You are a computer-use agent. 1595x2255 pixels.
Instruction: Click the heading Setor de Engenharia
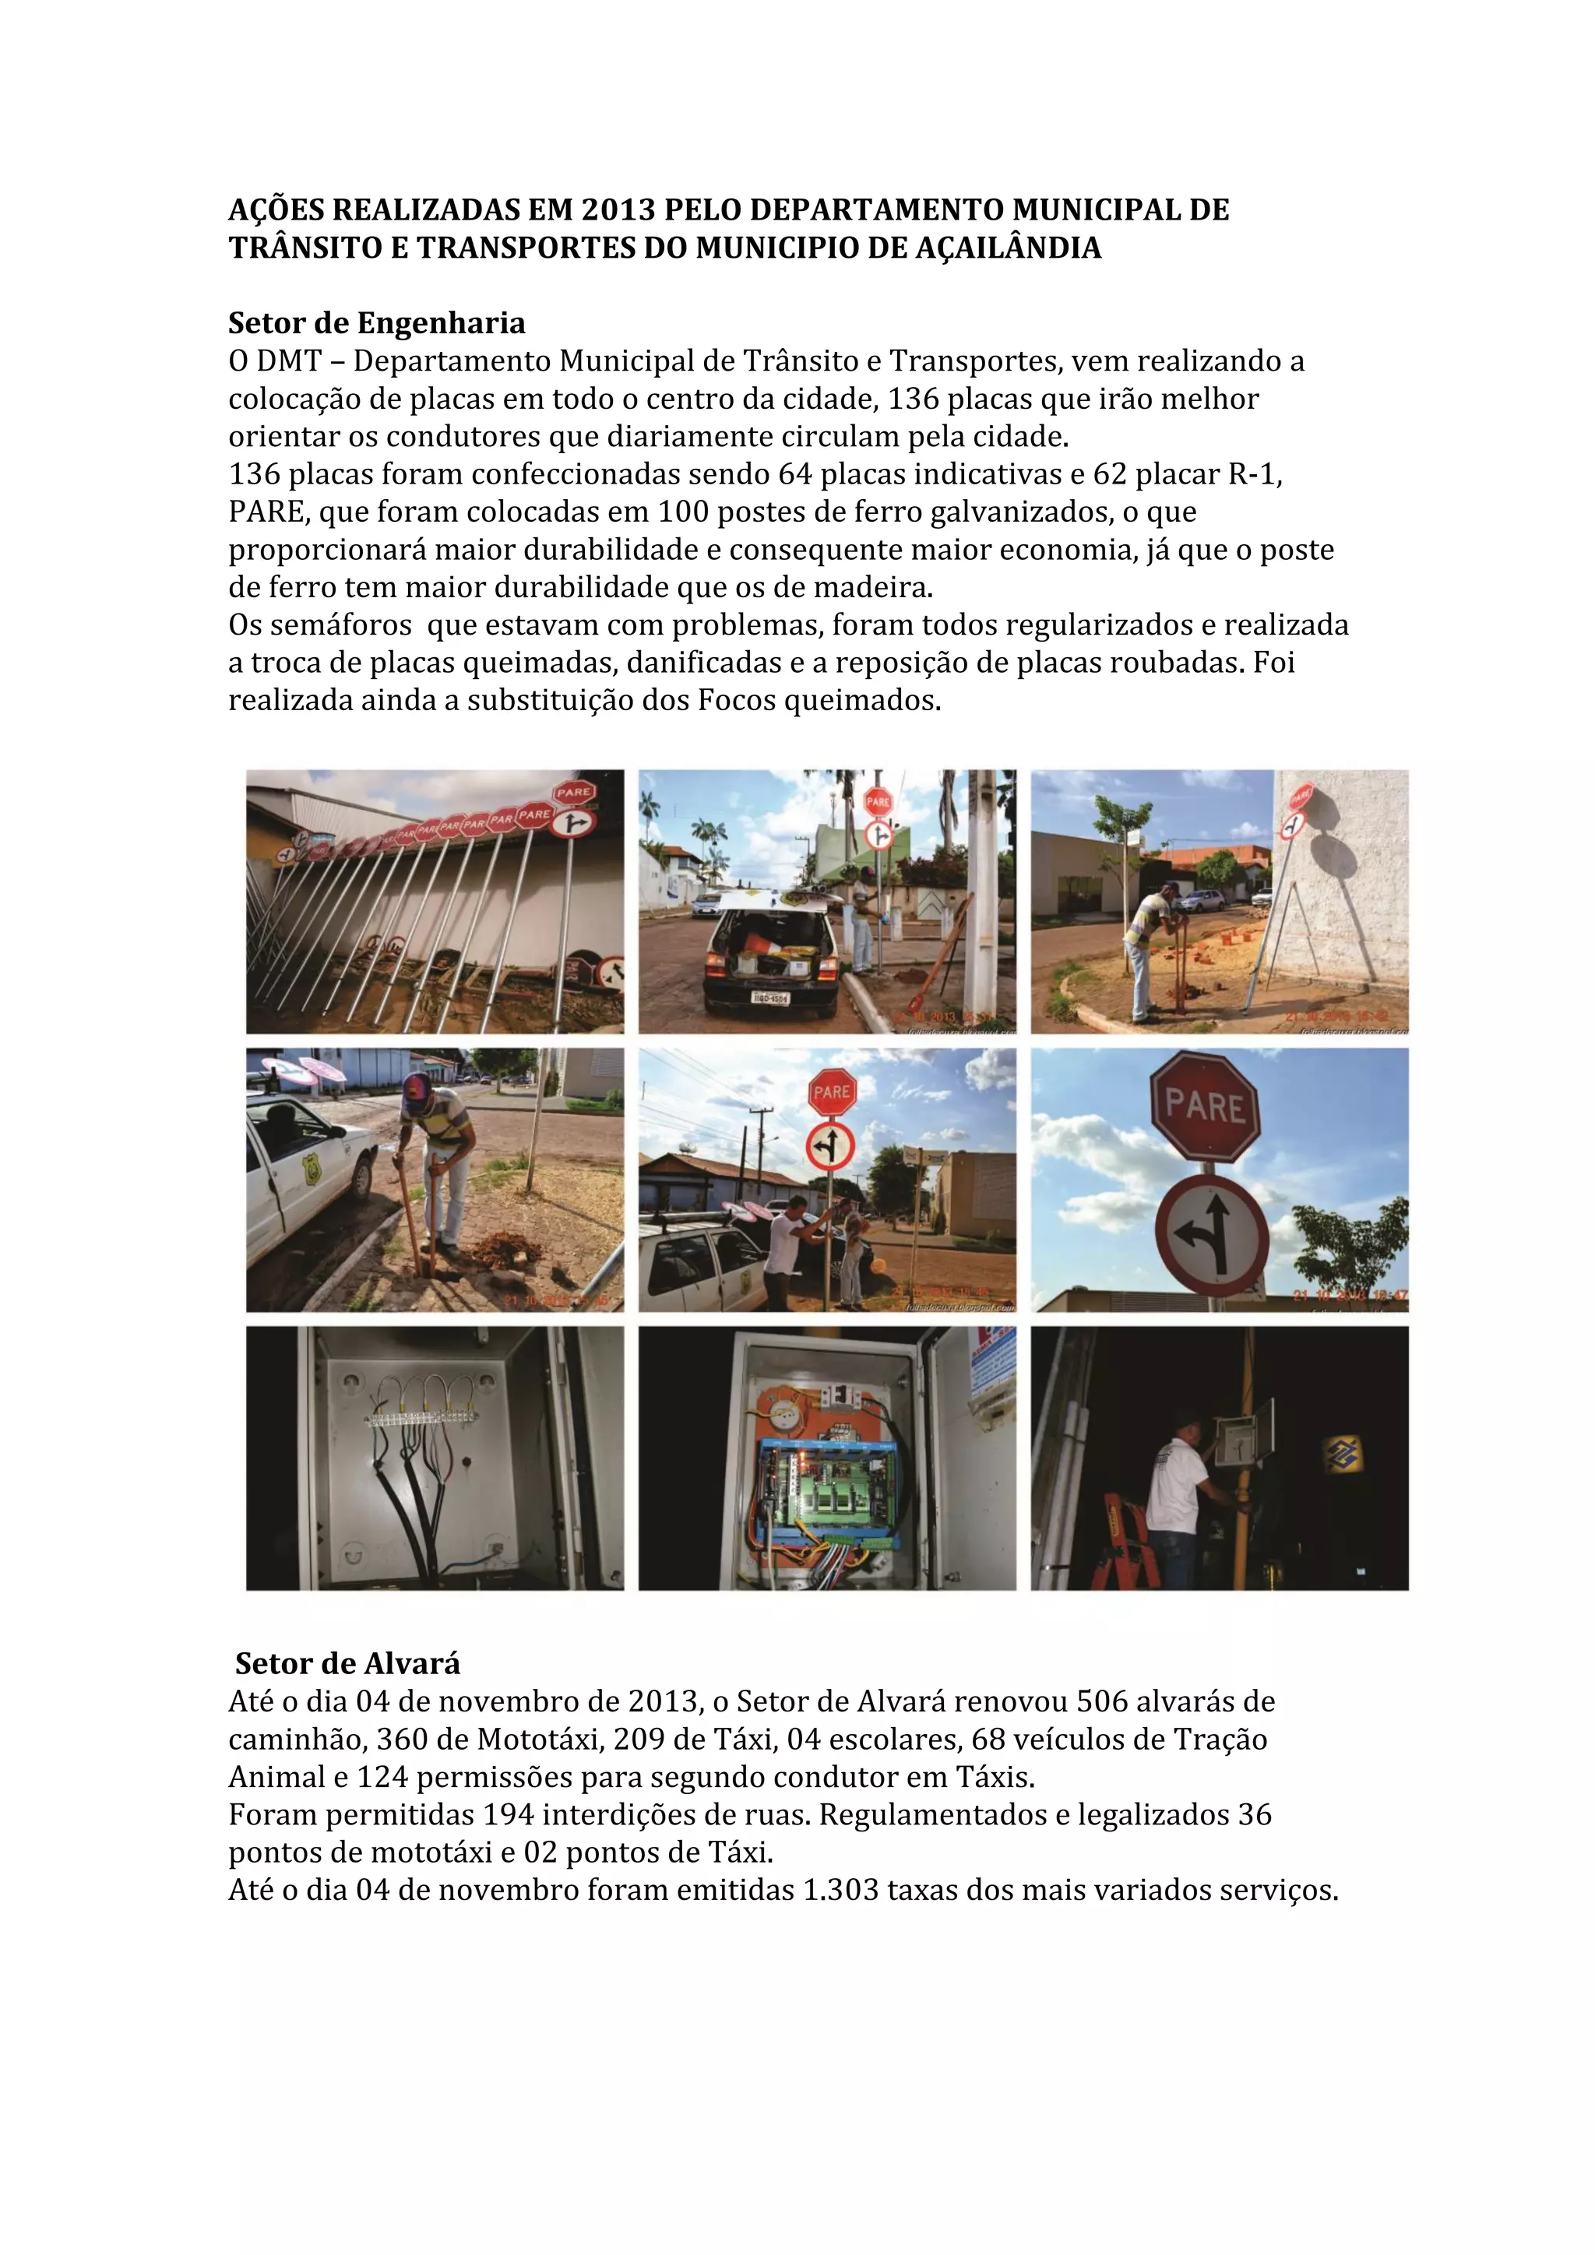[x=376, y=323]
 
